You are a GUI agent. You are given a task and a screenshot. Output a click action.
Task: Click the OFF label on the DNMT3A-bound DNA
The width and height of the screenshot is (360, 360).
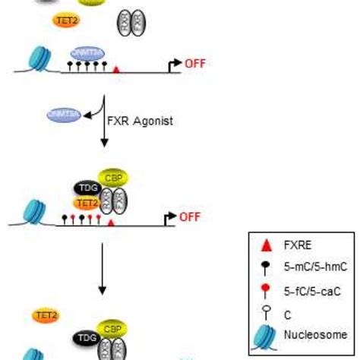click(x=194, y=65)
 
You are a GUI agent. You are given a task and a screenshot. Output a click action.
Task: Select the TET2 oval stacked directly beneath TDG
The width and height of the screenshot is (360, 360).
click(x=87, y=203)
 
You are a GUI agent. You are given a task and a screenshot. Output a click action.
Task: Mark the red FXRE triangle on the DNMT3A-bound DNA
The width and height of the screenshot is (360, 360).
click(x=115, y=69)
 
